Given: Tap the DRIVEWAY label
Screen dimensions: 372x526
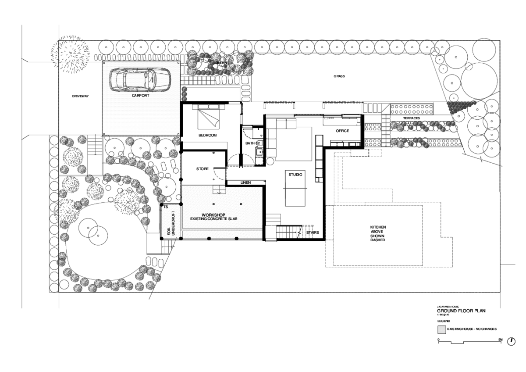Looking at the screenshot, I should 81,96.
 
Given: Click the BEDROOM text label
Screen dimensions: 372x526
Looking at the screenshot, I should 208,135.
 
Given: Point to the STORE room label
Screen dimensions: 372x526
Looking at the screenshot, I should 202,169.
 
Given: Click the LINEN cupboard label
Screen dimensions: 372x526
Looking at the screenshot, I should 245,182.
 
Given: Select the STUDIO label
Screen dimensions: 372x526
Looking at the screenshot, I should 295,175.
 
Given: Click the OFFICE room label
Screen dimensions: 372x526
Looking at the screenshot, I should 342,131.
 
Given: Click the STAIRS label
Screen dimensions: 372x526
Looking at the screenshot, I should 312,232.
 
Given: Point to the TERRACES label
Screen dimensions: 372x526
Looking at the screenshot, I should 412,118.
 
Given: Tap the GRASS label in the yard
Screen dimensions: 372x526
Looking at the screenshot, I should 339,76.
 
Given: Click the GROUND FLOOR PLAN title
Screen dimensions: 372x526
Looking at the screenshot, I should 461,311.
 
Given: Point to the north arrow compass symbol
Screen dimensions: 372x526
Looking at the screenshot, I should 511,341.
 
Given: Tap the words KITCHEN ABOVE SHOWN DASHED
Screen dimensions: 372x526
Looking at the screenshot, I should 378,233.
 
